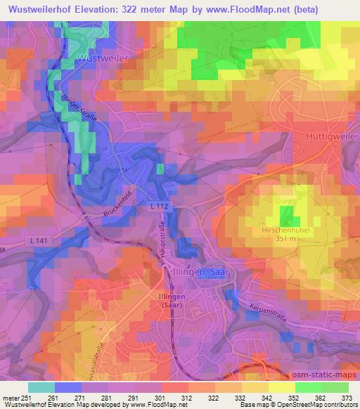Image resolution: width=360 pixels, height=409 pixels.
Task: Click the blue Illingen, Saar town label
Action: click(x=206, y=271)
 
